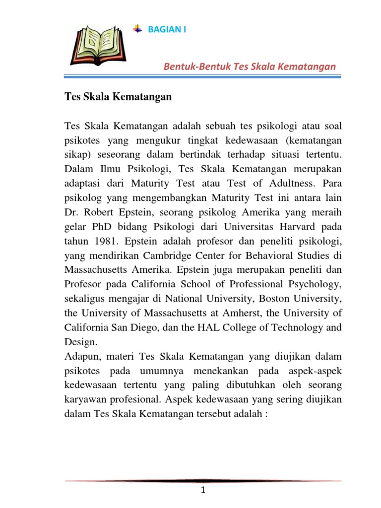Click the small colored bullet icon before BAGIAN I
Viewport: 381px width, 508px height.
138,29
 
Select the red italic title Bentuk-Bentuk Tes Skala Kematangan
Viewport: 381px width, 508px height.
250,66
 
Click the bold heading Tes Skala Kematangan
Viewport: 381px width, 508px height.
118,97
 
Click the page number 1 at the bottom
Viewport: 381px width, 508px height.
203,491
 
